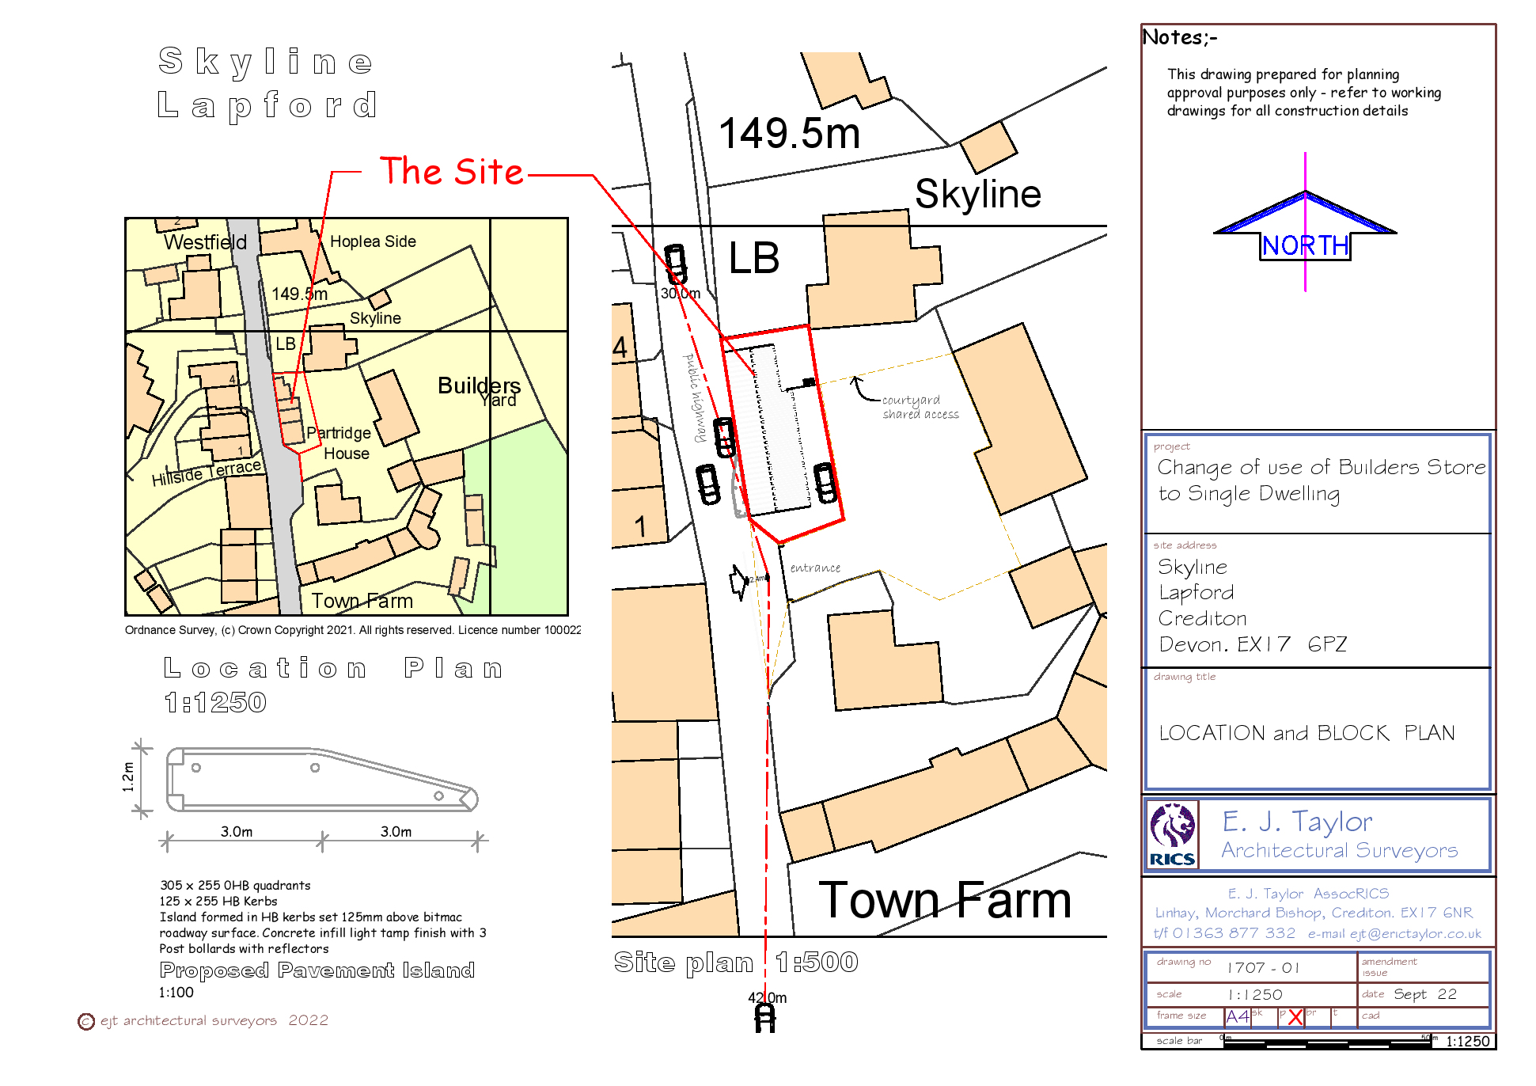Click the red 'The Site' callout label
click(x=451, y=172)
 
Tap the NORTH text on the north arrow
click(x=1305, y=245)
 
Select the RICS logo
click(x=1172, y=835)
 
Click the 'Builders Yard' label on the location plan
click(x=480, y=391)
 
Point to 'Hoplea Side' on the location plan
click(x=373, y=241)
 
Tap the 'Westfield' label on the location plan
click(x=205, y=242)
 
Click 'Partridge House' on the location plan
click(x=341, y=443)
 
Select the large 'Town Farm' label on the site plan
click(x=945, y=900)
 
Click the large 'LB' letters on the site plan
click(x=753, y=259)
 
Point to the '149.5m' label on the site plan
click(x=789, y=133)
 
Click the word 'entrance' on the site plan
click(x=815, y=568)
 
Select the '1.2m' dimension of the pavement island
click(x=128, y=777)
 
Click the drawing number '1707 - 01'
click(x=1263, y=967)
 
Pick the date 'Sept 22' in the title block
click(x=1424, y=994)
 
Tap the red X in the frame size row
click(x=1295, y=1017)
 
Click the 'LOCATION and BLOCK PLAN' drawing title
click(x=1307, y=733)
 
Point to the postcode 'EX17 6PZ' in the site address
click(x=1291, y=644)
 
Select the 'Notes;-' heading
click(x=1180, y=37)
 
